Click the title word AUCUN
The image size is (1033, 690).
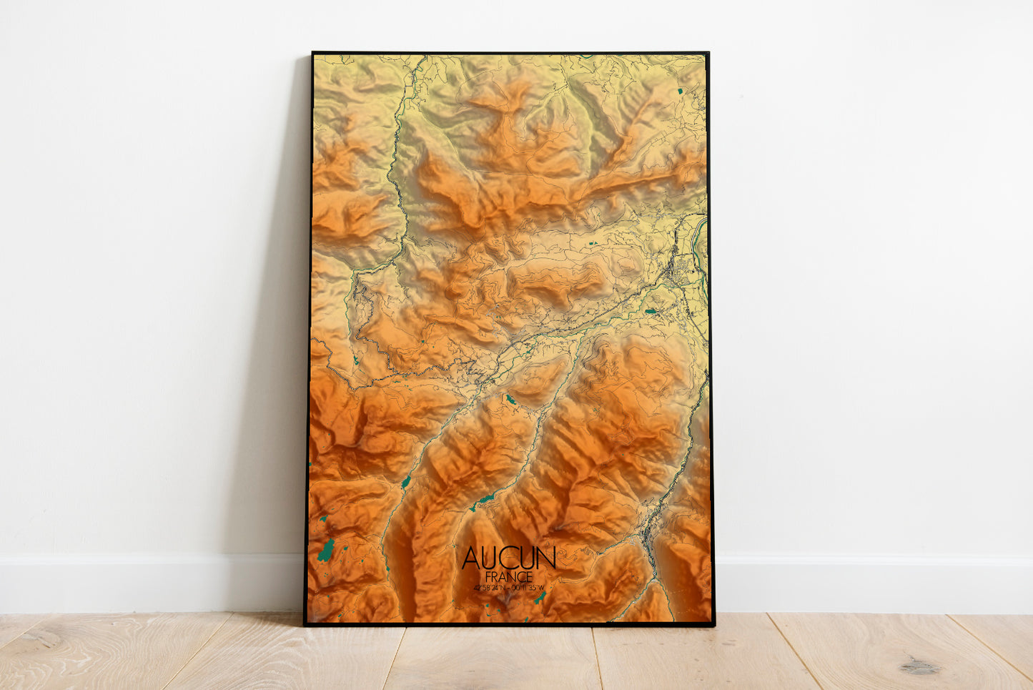tap(508, 558)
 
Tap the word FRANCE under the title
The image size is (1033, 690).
tap(508, 576)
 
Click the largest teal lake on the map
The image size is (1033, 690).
tap(327, 550)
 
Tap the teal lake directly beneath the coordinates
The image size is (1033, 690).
tap(540, 597)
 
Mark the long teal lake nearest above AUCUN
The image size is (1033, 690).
tap(485, 498)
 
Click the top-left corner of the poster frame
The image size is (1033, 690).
tap(312, 53)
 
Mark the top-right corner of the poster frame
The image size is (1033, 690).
tap(708, 53)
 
